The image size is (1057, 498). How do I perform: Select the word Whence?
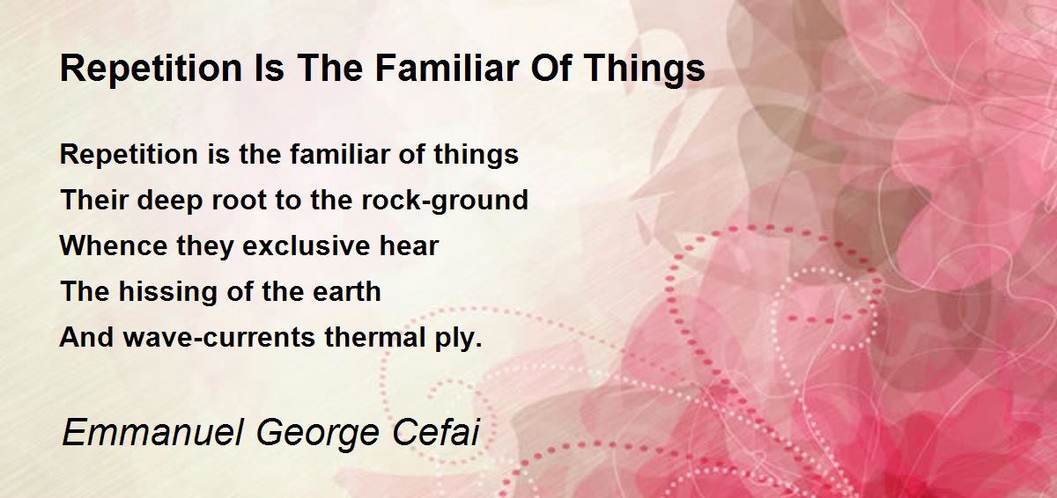coord(114,245)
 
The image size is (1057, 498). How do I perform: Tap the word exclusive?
coord(307,245)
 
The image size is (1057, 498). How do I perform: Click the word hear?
coord(409,245)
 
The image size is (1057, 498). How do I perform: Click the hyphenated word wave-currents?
coord(219,337)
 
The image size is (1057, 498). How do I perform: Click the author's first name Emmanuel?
coord(153,433)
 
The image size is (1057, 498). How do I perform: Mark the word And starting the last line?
coord(86,337)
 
